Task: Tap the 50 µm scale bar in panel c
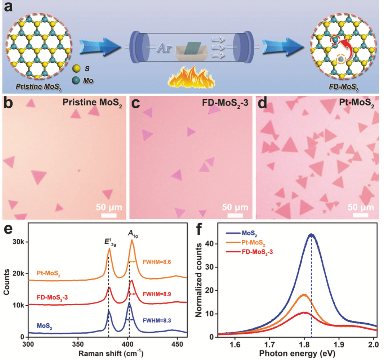(x=235, y=215)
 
